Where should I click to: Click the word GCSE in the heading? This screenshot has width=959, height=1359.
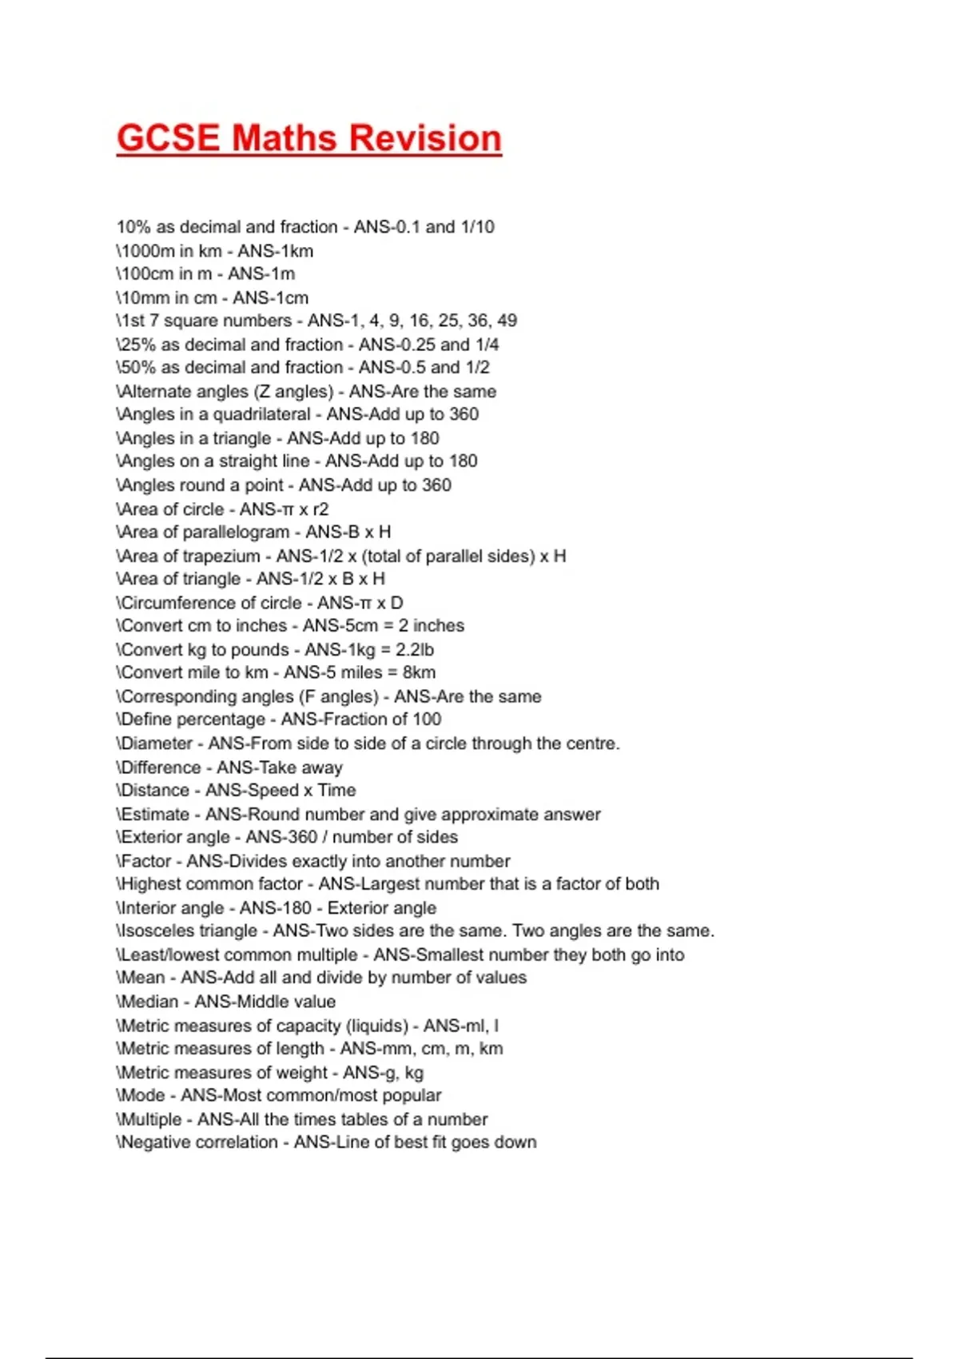[x=168, y=137]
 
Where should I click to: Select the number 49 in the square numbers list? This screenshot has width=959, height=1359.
[x=507, y=321]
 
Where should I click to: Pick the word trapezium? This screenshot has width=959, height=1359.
[x=221, y=556]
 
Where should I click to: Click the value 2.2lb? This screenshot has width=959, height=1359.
[x=414, y=649]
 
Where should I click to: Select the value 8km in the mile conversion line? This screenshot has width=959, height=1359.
[x=419, y=672]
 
